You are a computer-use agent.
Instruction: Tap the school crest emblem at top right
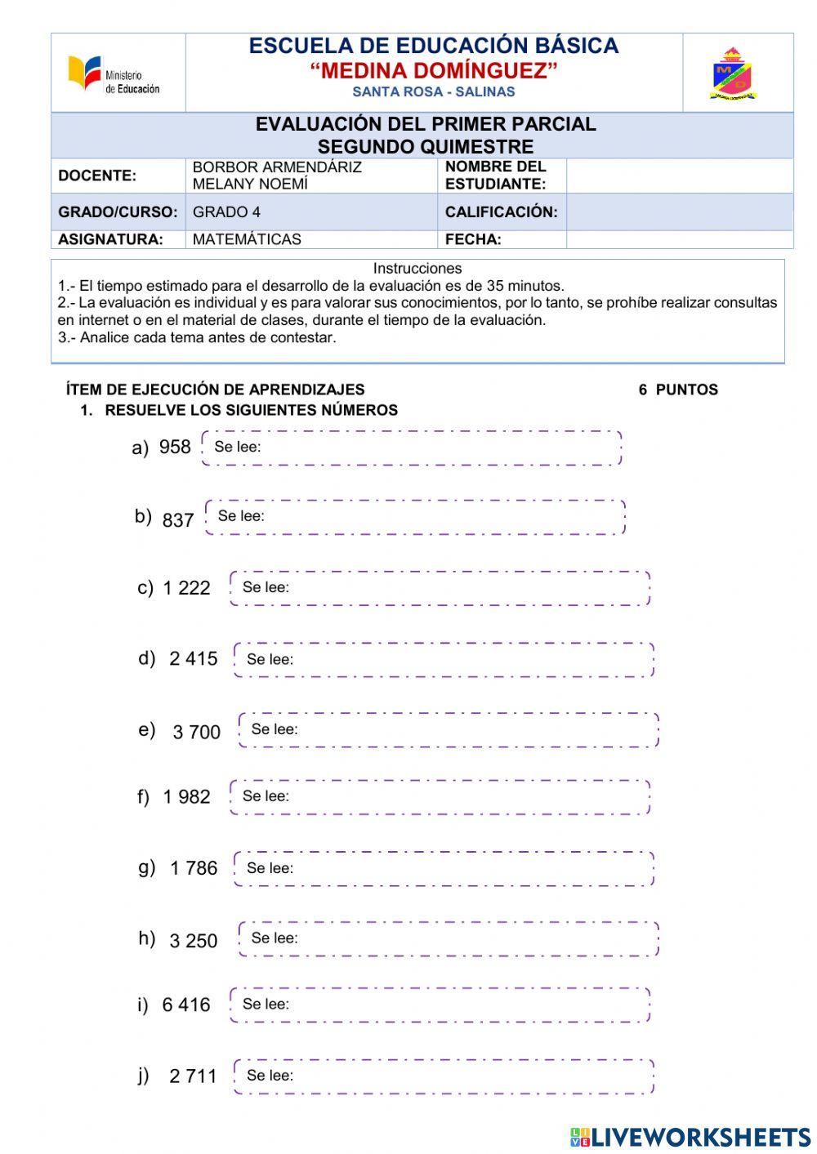pos(733,74)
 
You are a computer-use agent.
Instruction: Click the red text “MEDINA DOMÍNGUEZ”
pos(434,70)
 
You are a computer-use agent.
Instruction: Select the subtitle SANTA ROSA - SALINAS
pos(434,91)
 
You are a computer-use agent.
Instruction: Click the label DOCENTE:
pos(97,176)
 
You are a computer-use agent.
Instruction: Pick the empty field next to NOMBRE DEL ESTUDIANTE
pos(679,176)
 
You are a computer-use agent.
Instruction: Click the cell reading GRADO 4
pos(227,212)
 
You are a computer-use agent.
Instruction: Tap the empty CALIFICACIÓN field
pos(679,212)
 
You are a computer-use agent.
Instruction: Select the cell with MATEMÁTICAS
pos(247,239)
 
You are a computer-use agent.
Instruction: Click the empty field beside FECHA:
pos(679,239)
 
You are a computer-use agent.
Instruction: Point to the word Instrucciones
pos(417,268)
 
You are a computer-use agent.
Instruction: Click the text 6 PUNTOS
pos(678,390)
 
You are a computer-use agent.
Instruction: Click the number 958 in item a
pos(175,447)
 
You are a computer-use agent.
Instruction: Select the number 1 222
pos(186,588)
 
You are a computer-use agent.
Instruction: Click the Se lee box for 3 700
pos(449,730)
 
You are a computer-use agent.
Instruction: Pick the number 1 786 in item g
pos(194,868)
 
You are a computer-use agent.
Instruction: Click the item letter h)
pos(147,938)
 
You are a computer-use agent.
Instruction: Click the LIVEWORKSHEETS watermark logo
pos(690,1136)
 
